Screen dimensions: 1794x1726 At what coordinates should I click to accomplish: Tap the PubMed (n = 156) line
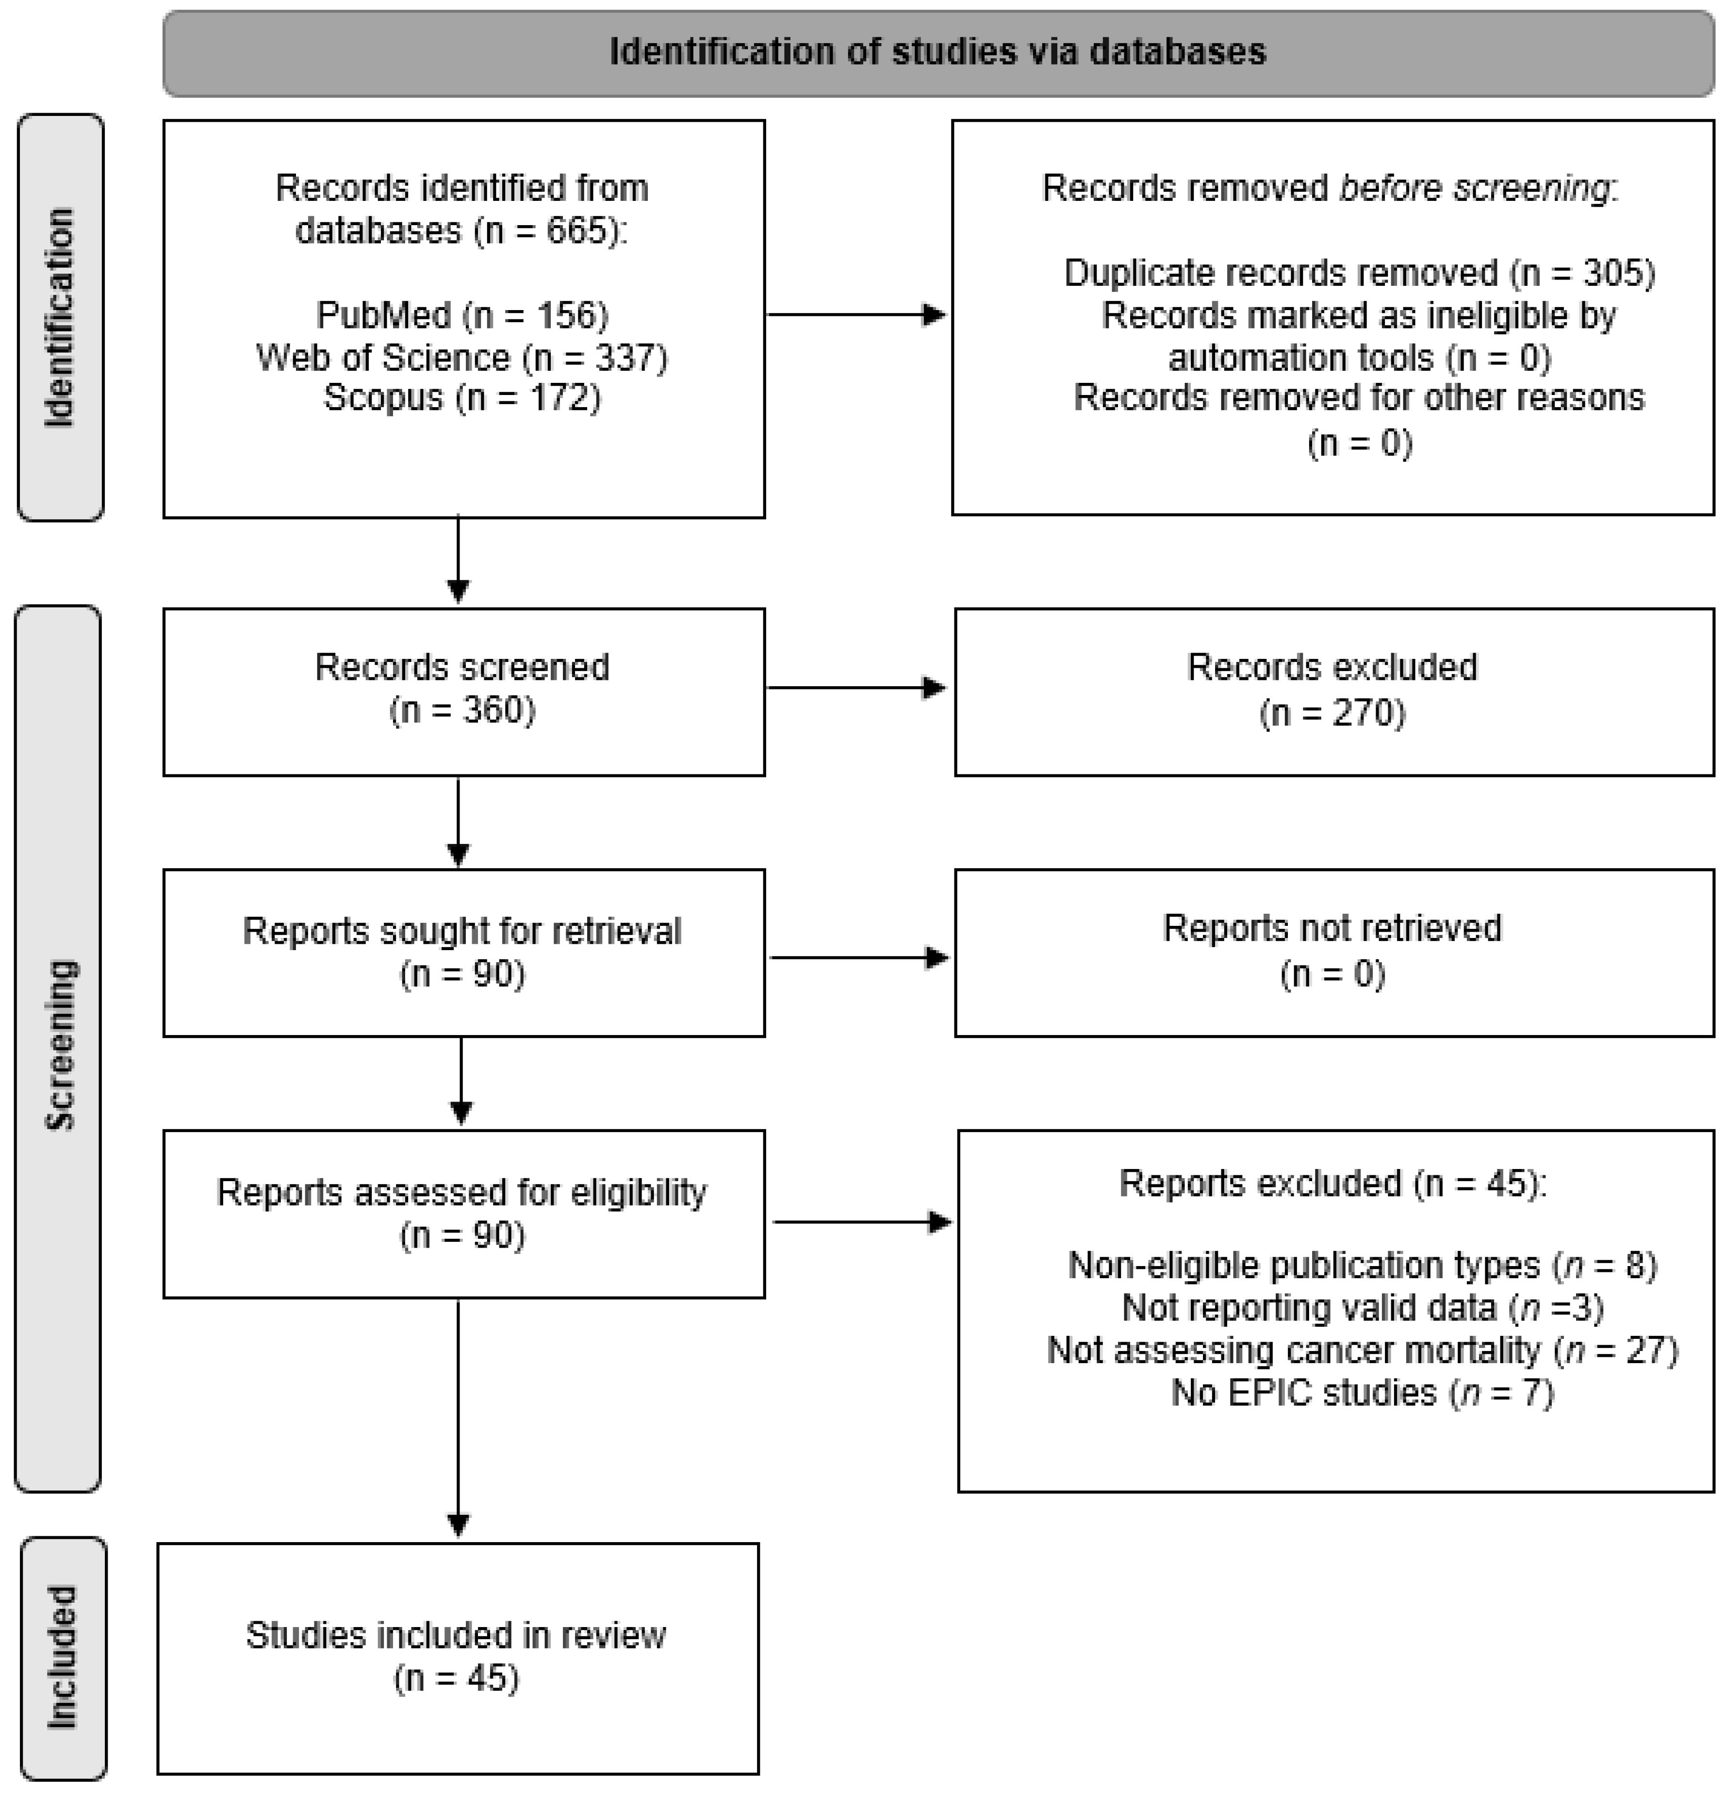462,315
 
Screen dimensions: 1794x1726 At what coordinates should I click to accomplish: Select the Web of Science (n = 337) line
462,357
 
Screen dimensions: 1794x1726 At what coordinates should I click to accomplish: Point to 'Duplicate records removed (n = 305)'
1359,273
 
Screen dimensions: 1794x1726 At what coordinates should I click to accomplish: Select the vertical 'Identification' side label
60,318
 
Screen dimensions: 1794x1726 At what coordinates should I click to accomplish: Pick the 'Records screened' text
462,667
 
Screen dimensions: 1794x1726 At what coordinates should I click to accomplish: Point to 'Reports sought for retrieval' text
462,931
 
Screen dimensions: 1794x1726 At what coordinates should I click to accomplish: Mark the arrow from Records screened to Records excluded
855,688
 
